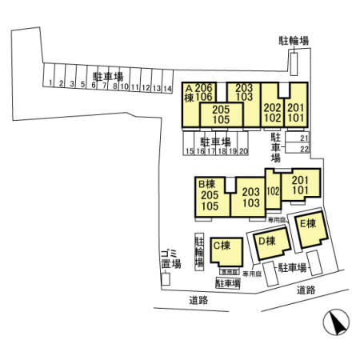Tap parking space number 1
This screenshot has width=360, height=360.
pyautogui.click(x=50, y=83)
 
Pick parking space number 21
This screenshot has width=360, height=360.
pyautogui.click(x=304, y=138)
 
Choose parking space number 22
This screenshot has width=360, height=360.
pyautogui.click(x=304, y=149)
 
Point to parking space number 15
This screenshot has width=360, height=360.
pyautogui.click(x=188, y=150)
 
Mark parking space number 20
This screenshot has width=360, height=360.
pyautogui.click(x=243, y=150)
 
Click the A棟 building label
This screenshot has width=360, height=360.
pyautogui.click(x=190, y=92)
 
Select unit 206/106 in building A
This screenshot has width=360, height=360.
pyautogui.click(x=206, y=92)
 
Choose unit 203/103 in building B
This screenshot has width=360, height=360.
pyautogui.click(x=251, y=197)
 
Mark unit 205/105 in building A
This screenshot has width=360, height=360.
pyautogui.click(x=222, y=115)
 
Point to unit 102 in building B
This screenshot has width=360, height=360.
pyautogui.click(x=273, y=191)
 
